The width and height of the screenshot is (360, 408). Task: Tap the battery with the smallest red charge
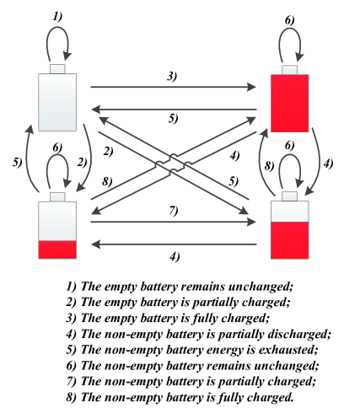pyautogui.click(x=57, y=228)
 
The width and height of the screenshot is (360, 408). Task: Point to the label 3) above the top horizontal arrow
pyautogui.click(x=172, y=77)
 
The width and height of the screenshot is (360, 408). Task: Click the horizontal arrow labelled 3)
pyautogui.click(x=172, y=87)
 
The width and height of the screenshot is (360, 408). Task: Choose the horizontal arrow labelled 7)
pyautogui.click(x=172, y=220)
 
